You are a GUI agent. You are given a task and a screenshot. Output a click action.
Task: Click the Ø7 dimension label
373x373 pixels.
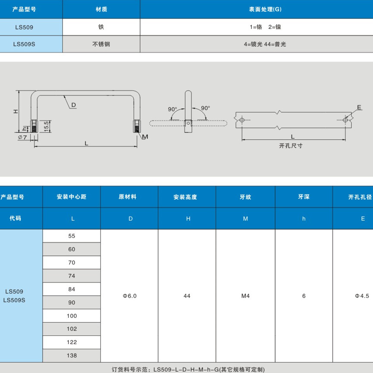[x=22, y=137]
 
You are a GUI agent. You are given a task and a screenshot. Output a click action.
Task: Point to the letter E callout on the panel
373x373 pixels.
[x=359, y=107]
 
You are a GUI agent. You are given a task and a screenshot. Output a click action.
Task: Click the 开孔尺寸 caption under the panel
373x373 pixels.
[x=291, y=146]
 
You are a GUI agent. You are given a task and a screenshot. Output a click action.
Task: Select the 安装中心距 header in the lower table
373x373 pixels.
[x=72, y=197]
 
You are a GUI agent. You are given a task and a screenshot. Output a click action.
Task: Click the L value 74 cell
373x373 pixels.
[x=72, y=276]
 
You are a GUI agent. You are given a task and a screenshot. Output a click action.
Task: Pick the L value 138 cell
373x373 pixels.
[x=72, y=355]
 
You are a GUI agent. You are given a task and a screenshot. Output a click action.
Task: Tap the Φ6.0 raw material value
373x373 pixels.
[x=129, y=296]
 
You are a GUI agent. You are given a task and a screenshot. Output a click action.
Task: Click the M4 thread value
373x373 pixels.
[x=245, y=296]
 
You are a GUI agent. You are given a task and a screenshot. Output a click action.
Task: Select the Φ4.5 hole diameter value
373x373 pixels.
[x=361, y=296]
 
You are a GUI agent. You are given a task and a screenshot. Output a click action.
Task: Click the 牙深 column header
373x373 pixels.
[x=304, y=197]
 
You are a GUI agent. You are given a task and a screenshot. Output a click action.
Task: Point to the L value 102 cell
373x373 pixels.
[x=72, y=329]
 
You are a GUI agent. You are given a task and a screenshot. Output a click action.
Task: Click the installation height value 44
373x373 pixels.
[x=187, y=296]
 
